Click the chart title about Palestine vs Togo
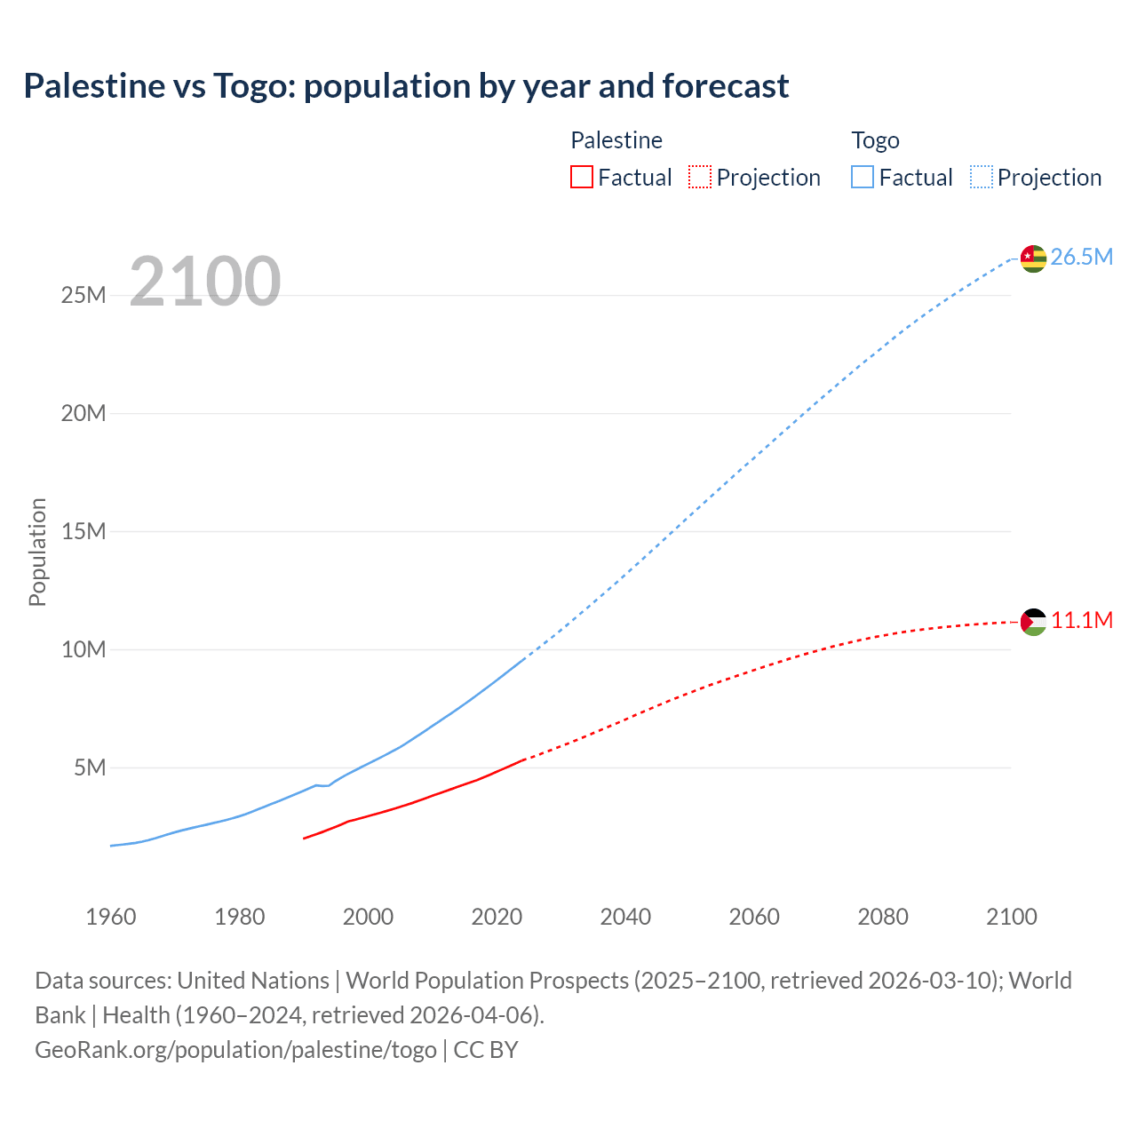(x=406, y=86)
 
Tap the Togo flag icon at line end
(x=1033, y=258)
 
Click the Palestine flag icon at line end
(x=1033, y=622)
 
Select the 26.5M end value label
(x=1081, y=258)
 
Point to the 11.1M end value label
(x=1081, y=621)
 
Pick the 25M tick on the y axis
(x=83, y=295)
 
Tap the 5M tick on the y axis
(x=90, y=767)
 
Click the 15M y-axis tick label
(x=83, y=531)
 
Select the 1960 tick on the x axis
(x=111, y=917)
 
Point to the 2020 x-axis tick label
(x=497, y=917)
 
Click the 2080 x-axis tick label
(x=883, y=917)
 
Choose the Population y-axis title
(x=37, y=552)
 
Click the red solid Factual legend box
(x=581, y=178)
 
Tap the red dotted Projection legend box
(x=700, y=178)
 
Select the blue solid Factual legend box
(x=862, y=178)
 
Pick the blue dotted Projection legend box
(x=981, y=178)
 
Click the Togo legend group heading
(x=875, y=140)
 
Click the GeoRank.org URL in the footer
(x=235, y=1050)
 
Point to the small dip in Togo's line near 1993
(x=323, y=785)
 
